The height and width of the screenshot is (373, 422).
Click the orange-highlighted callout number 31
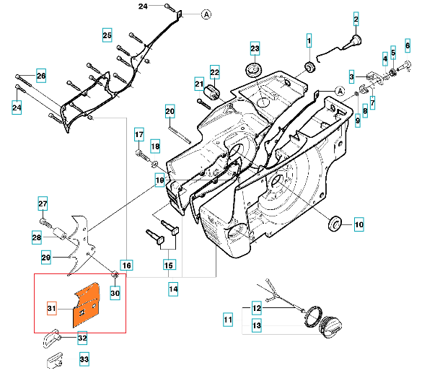[52, 308]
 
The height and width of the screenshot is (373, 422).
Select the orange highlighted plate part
[87, 305]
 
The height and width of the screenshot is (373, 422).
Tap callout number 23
[255, 48]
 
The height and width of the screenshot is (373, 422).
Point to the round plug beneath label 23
[254, 70]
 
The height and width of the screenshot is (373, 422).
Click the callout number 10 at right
[359, 224]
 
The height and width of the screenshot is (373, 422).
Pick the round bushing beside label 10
[335, 223]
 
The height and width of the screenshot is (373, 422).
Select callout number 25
[107, 35]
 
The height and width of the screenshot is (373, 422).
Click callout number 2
[356, 19]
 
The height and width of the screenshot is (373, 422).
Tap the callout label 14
[173, 289]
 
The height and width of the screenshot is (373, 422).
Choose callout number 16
[126, 266]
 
